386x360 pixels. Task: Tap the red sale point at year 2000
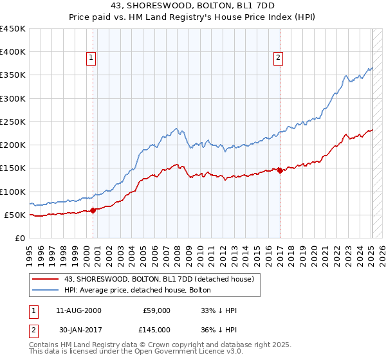tap(93, 210)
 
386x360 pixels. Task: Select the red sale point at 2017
tap(280, 170)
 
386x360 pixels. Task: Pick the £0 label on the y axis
tap(20, 238)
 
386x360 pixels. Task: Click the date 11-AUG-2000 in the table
tap(79, 310)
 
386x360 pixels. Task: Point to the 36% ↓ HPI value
tap(219, 329)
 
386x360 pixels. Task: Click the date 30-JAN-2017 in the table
tap(79, 329)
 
